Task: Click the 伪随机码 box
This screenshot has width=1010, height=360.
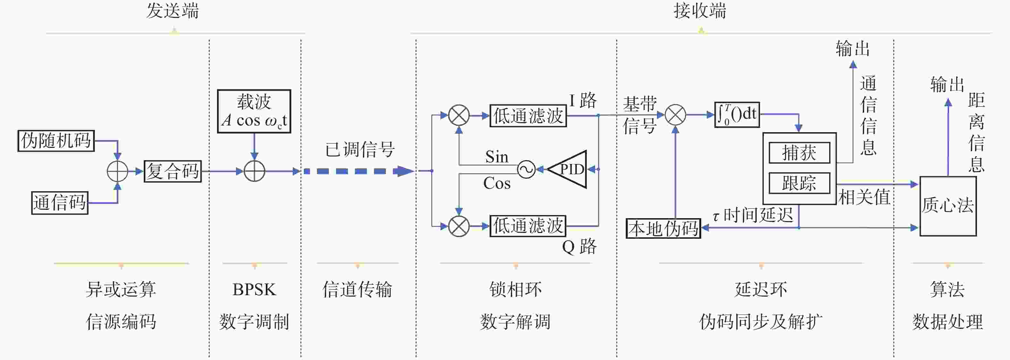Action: tap(56, 141)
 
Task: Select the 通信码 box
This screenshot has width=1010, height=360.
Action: tap(60, 203)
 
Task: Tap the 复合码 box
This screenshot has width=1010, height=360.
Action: tap(173, 171)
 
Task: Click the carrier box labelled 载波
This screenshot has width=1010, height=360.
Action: tap(254, 111)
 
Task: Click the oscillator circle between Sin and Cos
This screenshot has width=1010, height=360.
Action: tap(526, 169)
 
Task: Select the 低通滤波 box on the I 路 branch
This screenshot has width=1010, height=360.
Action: tap(528, 116)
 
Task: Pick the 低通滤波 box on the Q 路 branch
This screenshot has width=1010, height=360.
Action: tap(528, 226)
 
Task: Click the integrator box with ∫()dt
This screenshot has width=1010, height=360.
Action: tap(737, 115)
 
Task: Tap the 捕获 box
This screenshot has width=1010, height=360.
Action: tap(799, 152)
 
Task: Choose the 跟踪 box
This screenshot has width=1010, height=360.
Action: tap(799, 183)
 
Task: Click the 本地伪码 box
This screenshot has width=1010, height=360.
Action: tap(663, 228)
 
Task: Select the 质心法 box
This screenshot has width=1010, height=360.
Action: tap(948, 206)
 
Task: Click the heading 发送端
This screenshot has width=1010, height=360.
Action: tap(173, 11)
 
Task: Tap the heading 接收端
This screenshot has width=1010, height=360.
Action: tap(700, 11)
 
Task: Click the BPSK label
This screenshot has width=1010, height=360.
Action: tap(254, 289)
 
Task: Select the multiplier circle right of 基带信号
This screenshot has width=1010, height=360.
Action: tap(675, 115)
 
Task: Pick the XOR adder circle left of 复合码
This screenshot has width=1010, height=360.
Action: tap(117, 171)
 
